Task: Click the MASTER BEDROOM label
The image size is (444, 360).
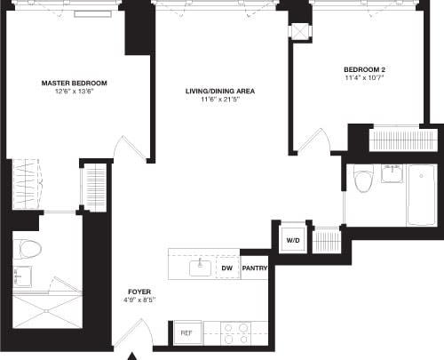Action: coord(67,83)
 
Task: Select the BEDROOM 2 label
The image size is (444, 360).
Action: coord(364,69)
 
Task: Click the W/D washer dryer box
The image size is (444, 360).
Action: coord(291,241)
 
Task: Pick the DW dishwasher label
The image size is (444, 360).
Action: coord(227,266)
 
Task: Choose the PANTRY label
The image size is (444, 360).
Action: coord(254,266)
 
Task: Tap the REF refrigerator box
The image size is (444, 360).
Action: coord(186,332)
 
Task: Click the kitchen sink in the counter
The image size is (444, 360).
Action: coord(200,266)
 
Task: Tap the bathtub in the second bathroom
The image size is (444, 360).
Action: coord(422,194)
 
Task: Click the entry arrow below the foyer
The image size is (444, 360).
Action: coord(133,355)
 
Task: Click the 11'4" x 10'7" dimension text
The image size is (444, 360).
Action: coord(364,79)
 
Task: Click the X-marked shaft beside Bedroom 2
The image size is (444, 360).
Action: coord(301,30)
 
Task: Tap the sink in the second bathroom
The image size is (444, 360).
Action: coord(391,172)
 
